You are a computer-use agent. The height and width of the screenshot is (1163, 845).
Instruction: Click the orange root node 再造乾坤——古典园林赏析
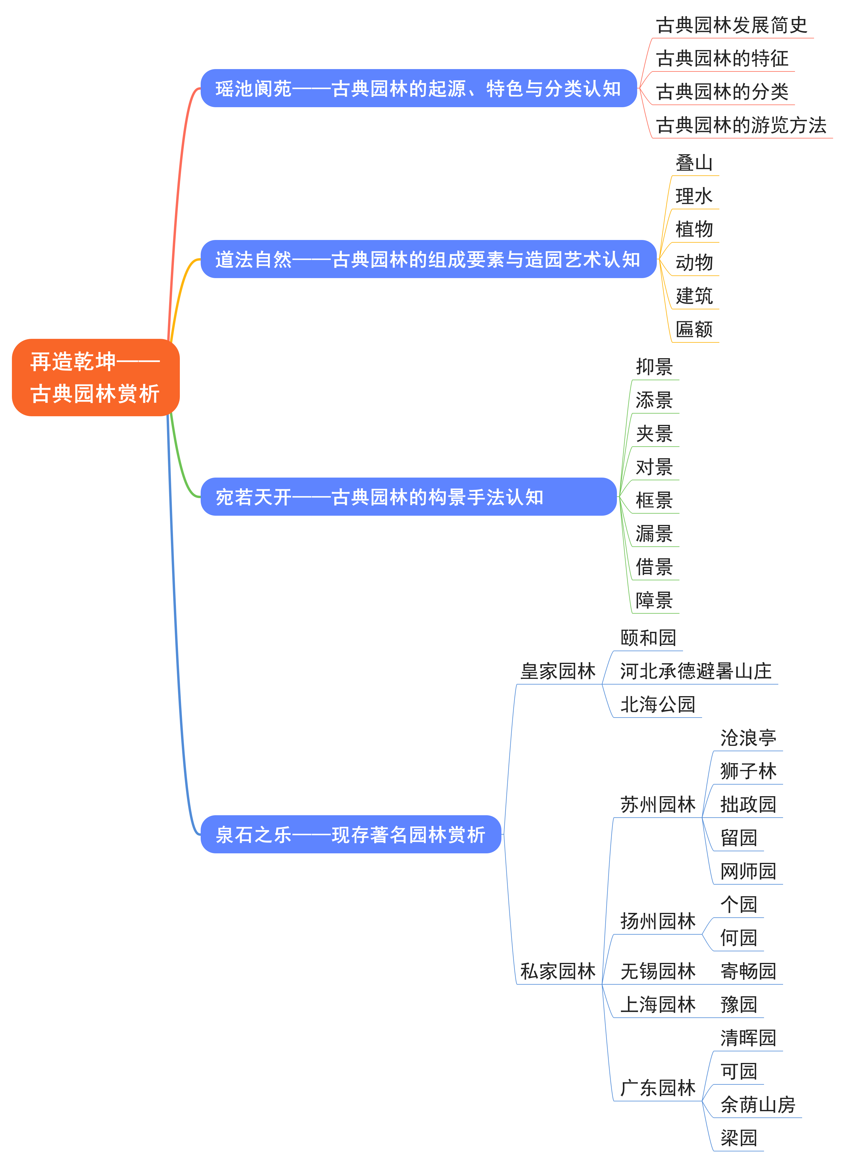95,378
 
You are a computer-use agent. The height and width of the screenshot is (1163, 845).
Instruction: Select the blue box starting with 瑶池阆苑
418,88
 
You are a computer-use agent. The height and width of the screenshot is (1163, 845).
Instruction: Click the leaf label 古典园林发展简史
731,25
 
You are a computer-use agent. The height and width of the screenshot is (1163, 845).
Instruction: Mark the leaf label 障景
654,600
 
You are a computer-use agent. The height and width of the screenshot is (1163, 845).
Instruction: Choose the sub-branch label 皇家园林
558,671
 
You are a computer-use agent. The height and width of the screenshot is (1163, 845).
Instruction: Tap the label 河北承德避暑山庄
695,671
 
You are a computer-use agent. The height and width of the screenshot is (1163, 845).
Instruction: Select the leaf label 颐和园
648,638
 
